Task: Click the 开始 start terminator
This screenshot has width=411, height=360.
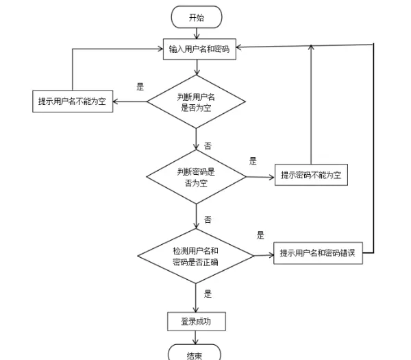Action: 196,17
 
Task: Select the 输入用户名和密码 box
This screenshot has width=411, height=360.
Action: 199,49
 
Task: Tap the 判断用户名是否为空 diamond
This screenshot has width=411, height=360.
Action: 196,102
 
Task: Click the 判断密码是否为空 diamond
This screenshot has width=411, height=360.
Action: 197,176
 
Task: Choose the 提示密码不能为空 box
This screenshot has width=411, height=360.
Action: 312,176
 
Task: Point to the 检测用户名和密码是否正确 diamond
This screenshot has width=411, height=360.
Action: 196,255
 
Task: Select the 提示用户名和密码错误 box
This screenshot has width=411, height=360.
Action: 317,254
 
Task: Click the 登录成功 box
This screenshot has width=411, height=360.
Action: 196,321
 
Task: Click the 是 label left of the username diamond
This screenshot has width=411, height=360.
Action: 140,87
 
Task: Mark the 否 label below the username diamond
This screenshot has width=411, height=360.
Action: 208,146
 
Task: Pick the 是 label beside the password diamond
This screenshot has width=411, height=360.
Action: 253,161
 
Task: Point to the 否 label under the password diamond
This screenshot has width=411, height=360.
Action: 208,220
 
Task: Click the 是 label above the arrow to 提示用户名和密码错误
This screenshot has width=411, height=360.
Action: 260,235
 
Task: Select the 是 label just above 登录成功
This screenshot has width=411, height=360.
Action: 208,293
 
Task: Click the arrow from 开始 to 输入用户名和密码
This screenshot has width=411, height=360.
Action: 197,32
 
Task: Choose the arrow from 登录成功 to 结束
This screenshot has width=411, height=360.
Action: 196,337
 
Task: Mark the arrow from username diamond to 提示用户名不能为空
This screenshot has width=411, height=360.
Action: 130,102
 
